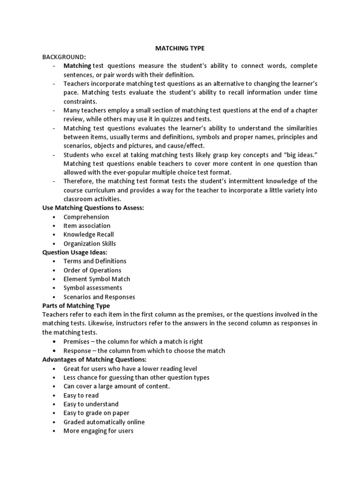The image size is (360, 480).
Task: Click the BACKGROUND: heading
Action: point(64,57)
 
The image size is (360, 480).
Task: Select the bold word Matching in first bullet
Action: point(77,66)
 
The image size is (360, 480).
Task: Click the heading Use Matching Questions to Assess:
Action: point(93,208)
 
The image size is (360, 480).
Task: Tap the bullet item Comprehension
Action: point(86,217)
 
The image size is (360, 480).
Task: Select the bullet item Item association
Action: point(87,225)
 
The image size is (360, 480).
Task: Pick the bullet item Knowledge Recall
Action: point(89,234)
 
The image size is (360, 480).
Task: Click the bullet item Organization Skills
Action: point(90,243)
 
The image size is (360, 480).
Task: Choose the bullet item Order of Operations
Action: point(92,270)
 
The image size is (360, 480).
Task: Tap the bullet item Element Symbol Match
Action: point(97,279)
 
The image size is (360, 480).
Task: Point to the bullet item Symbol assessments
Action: point(93,288)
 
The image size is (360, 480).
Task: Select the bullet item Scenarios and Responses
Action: point(99,297)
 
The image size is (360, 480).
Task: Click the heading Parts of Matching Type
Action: point(76,306)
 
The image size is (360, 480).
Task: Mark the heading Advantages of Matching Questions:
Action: point(94,360)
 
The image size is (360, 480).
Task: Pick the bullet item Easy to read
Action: point(81,395)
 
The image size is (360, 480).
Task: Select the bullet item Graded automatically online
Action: point(104,422)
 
